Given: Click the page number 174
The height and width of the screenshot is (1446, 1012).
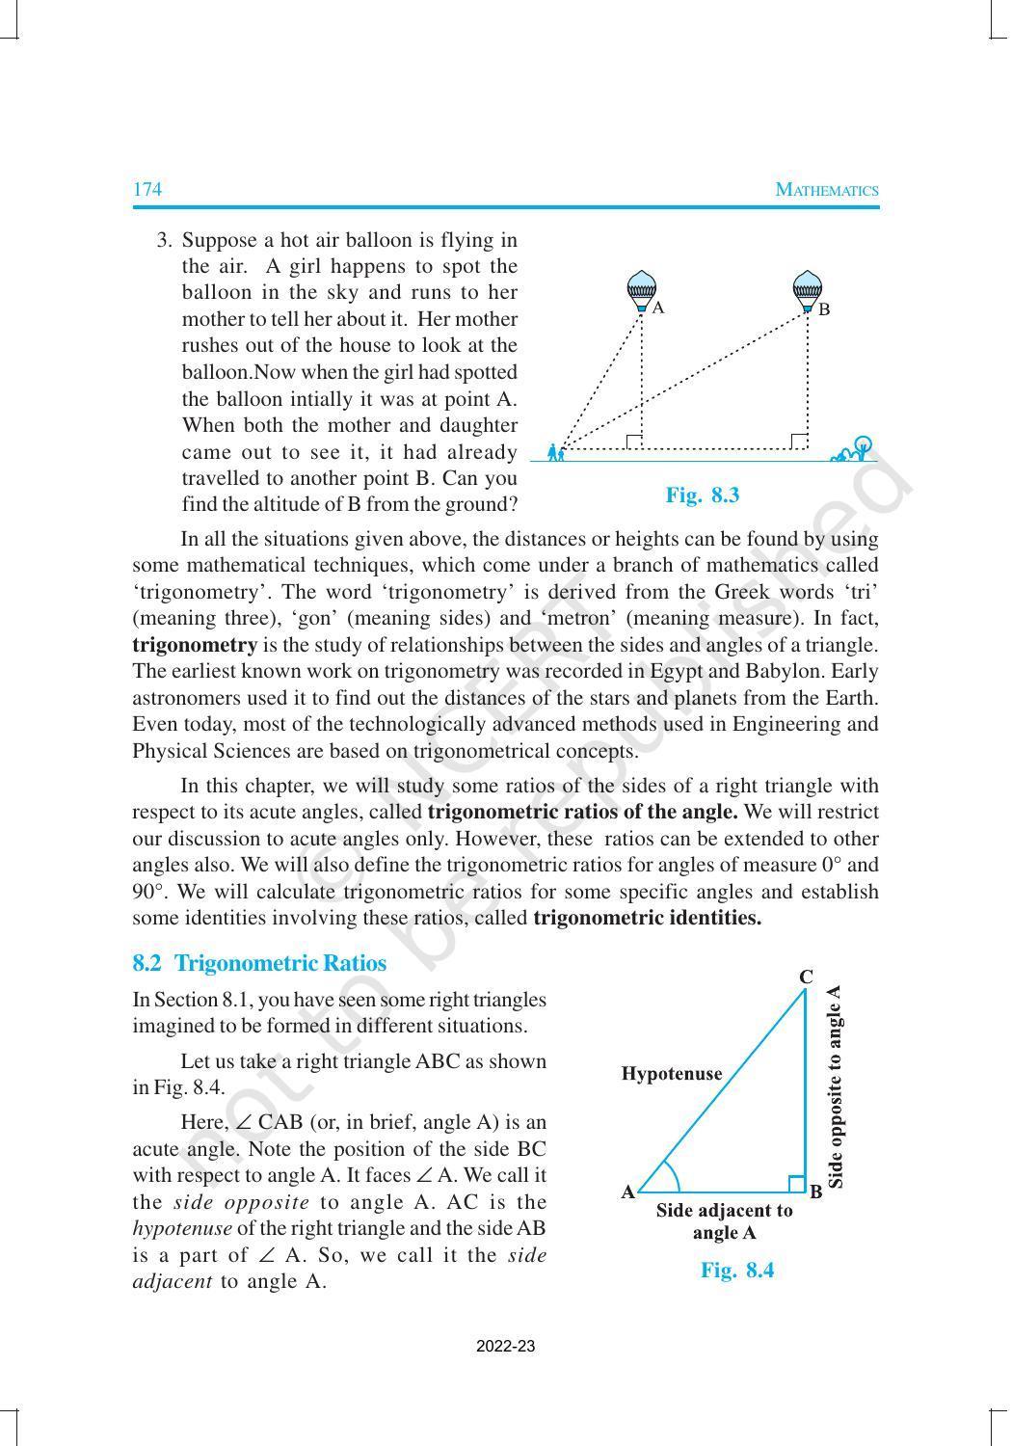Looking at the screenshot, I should point(146,189).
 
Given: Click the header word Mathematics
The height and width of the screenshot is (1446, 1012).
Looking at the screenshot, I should point(827,190).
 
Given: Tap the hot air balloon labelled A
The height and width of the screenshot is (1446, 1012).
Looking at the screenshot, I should point(642,290).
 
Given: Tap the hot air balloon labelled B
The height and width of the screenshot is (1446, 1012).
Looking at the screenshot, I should point(807,291).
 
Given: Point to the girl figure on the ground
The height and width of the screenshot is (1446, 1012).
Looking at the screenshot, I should point(554,451).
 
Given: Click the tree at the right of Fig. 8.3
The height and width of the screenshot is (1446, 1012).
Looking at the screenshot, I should point(863,446).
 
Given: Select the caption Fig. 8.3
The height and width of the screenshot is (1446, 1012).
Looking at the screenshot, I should point(702,495).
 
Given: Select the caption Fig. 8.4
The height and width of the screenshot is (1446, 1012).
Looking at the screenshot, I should point(737,1270).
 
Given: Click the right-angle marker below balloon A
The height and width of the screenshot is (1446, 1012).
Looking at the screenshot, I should point(634,442).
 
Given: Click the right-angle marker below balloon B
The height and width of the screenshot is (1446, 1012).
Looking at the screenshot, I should point(799,442).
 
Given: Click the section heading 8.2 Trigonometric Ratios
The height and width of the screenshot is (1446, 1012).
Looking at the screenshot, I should point(259,963).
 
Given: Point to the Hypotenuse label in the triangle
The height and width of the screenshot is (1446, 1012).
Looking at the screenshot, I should point(672,1073).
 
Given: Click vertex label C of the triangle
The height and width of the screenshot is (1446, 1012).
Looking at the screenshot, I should point(806,977).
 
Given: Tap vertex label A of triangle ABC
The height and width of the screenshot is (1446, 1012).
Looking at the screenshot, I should point(627,1192).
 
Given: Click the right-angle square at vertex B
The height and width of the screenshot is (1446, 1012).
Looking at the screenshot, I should point(797,1184).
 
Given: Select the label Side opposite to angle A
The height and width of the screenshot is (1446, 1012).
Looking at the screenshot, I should point(836,1085).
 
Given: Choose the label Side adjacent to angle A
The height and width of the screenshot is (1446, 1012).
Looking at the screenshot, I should point(724,1221).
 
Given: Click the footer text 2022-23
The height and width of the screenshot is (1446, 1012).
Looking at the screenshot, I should point(505,1347).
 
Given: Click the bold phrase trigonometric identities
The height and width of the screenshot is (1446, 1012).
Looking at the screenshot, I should point(647,918).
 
